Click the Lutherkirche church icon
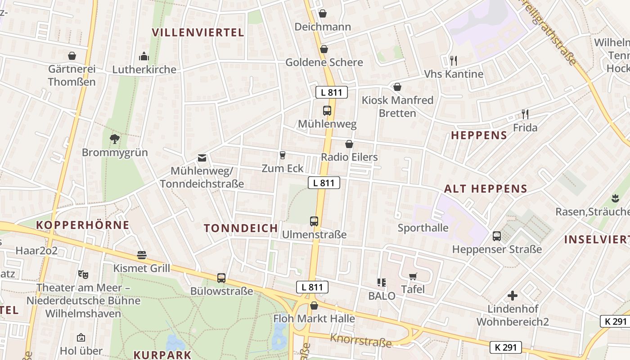144,56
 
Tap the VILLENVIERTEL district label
198,32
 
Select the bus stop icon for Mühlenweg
327,110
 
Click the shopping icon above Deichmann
322,13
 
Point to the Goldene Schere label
324,62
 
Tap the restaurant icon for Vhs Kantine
454,60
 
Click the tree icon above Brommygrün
115,139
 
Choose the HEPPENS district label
479,135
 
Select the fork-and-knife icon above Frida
525,114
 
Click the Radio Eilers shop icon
349,144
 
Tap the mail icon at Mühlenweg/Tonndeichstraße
202,158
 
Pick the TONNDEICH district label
241,228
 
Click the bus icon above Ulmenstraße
314,221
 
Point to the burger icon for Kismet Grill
142,255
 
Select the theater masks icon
83,274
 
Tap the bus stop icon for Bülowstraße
221,278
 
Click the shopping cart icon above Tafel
413,276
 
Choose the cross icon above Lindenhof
512,296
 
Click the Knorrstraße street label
361,341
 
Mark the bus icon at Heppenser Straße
497,236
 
